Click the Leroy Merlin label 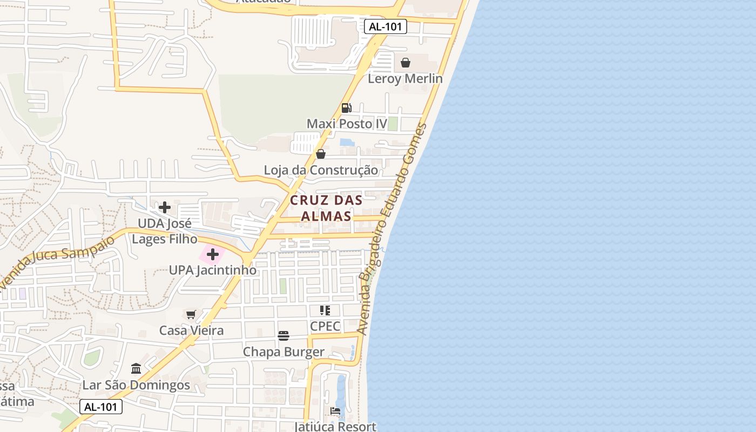(x=405, y=79)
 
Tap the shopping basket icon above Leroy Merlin (x=406, y=63)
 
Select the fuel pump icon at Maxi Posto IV (x=347, y=108)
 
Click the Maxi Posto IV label (x=347, y=124)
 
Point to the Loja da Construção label (x=321, y=171)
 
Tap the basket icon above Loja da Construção (x=321, y=154)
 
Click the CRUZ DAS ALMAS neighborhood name (x=326, y=208)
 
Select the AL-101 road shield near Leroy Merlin (x=385, y=26)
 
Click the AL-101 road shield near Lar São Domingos (x=101, y=407)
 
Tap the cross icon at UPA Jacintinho (x=213, y=254)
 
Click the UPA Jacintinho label (x=213, y=270)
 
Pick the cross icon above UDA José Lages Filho (x=165, y=207)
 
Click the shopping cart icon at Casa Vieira (x=191, y=314)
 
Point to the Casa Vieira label (x=191, y=330)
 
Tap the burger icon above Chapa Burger (x=283, y=336)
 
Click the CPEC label (x=325, y=327)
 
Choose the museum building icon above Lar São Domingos (x=136, y=369)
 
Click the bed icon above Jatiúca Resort (x=335, y=411)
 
